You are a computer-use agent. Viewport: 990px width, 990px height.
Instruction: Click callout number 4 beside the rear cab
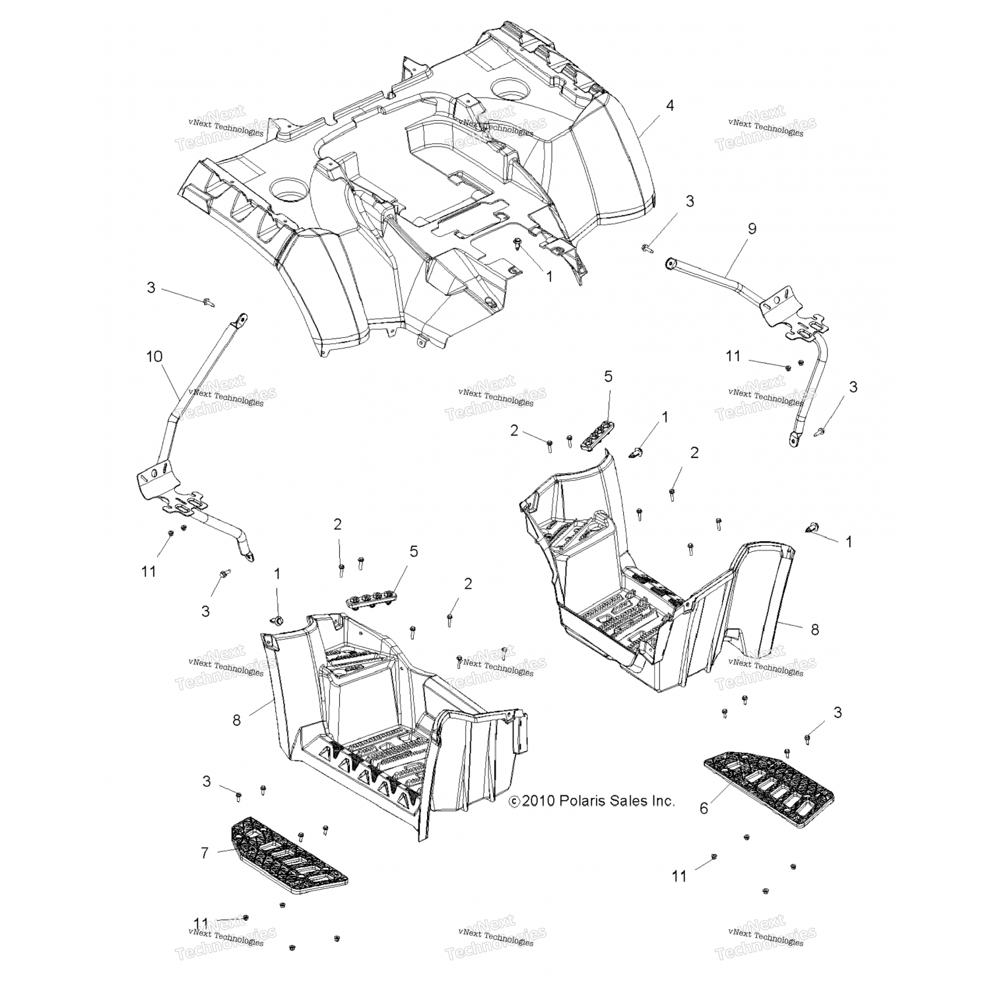[x=670, y=105]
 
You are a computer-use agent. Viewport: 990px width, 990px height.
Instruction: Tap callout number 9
[x=752, y=228]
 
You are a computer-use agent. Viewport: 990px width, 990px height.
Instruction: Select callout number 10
[x=154, y=357]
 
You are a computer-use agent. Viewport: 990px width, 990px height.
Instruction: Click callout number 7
[x=205, y=853]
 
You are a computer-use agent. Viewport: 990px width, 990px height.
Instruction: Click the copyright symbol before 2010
[x=514, y=801]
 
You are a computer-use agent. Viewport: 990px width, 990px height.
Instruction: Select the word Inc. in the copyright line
[x=660, y=801]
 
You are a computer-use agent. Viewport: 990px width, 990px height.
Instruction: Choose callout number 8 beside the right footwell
[x=815, y=630]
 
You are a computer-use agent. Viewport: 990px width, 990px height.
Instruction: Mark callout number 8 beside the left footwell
[x=236, y=720]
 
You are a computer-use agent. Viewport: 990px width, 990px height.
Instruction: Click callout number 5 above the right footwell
[x=608, y=376]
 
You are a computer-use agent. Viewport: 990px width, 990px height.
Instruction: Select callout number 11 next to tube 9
[x=733, y=356]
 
